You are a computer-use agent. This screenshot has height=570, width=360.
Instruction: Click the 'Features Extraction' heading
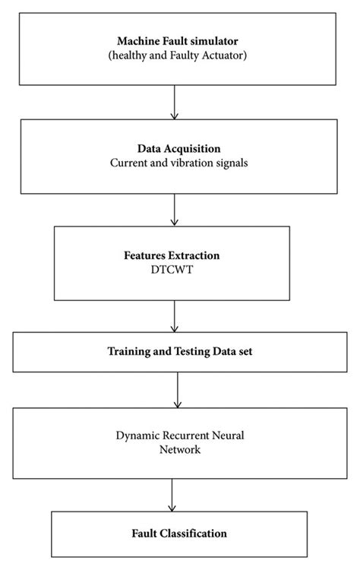176,256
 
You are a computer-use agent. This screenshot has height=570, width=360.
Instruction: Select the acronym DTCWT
176,269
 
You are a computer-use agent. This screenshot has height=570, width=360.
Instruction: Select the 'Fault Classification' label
181,534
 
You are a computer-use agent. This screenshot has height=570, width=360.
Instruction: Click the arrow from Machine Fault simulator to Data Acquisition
175,102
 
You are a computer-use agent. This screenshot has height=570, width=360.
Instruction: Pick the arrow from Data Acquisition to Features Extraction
175,210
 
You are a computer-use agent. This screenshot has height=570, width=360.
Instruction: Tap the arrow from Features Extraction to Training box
175,316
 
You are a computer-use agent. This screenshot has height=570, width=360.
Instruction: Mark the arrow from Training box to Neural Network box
176,390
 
